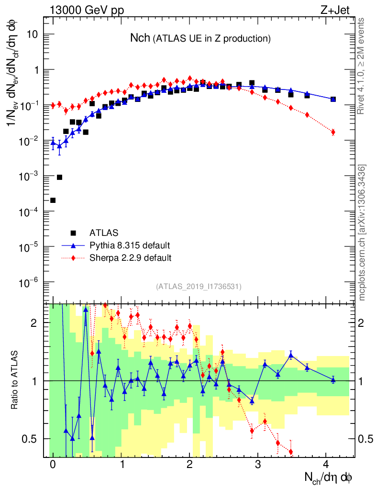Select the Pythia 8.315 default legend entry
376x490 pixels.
coord(129,245)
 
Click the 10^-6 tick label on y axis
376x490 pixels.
coord(29,282)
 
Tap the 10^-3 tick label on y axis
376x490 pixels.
coord(29,176)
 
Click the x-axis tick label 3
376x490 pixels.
coord(258,465)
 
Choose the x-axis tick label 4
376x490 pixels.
coord(326,465)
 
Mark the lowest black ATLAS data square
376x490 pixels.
coord(53,200)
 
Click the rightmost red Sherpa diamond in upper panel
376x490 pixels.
coord(333,132)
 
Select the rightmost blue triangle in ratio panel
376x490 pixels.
coord(333,380)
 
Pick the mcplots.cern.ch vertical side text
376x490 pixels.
coord(363,233)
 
